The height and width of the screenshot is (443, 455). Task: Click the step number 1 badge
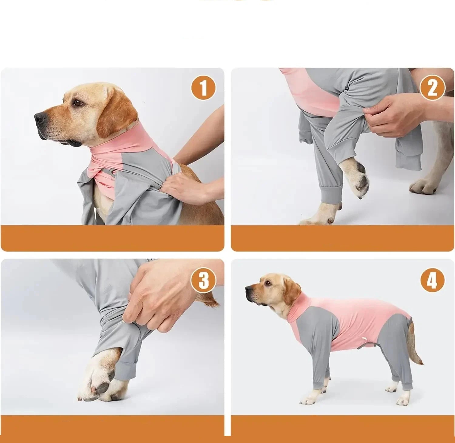click(203, 88)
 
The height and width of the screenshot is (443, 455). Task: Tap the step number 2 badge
click(432, 88)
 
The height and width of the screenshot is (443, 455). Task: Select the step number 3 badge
click(203, 281)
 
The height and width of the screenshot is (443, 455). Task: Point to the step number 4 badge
click(432, 281)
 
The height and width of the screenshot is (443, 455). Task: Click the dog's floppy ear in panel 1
click(117, 115)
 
